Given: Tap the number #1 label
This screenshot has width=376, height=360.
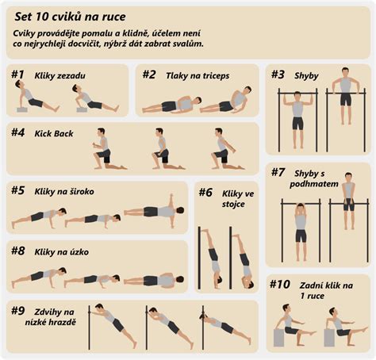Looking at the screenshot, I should click(x=18, y=75).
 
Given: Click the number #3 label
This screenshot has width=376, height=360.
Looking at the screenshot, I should click(x=278, y=75).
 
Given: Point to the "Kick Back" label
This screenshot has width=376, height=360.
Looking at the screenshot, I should click(x=53, y=133).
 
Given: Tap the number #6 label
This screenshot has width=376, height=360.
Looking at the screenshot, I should click(x=205, y=191).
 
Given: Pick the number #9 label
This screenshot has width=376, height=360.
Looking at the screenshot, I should click(x=17, y=310).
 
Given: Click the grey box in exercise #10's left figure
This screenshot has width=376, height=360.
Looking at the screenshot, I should click(x=279, y=338).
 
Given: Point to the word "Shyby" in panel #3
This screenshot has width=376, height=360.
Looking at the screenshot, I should click(x=305, y=75).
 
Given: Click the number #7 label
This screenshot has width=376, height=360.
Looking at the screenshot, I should click(x=278, y=172).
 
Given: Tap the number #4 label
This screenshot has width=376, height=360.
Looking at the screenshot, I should click(x=18, y=132).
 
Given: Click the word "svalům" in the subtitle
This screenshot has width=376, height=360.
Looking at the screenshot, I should click(x=187, y=44).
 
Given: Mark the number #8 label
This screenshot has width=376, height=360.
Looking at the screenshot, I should click(x=18, y=251).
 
